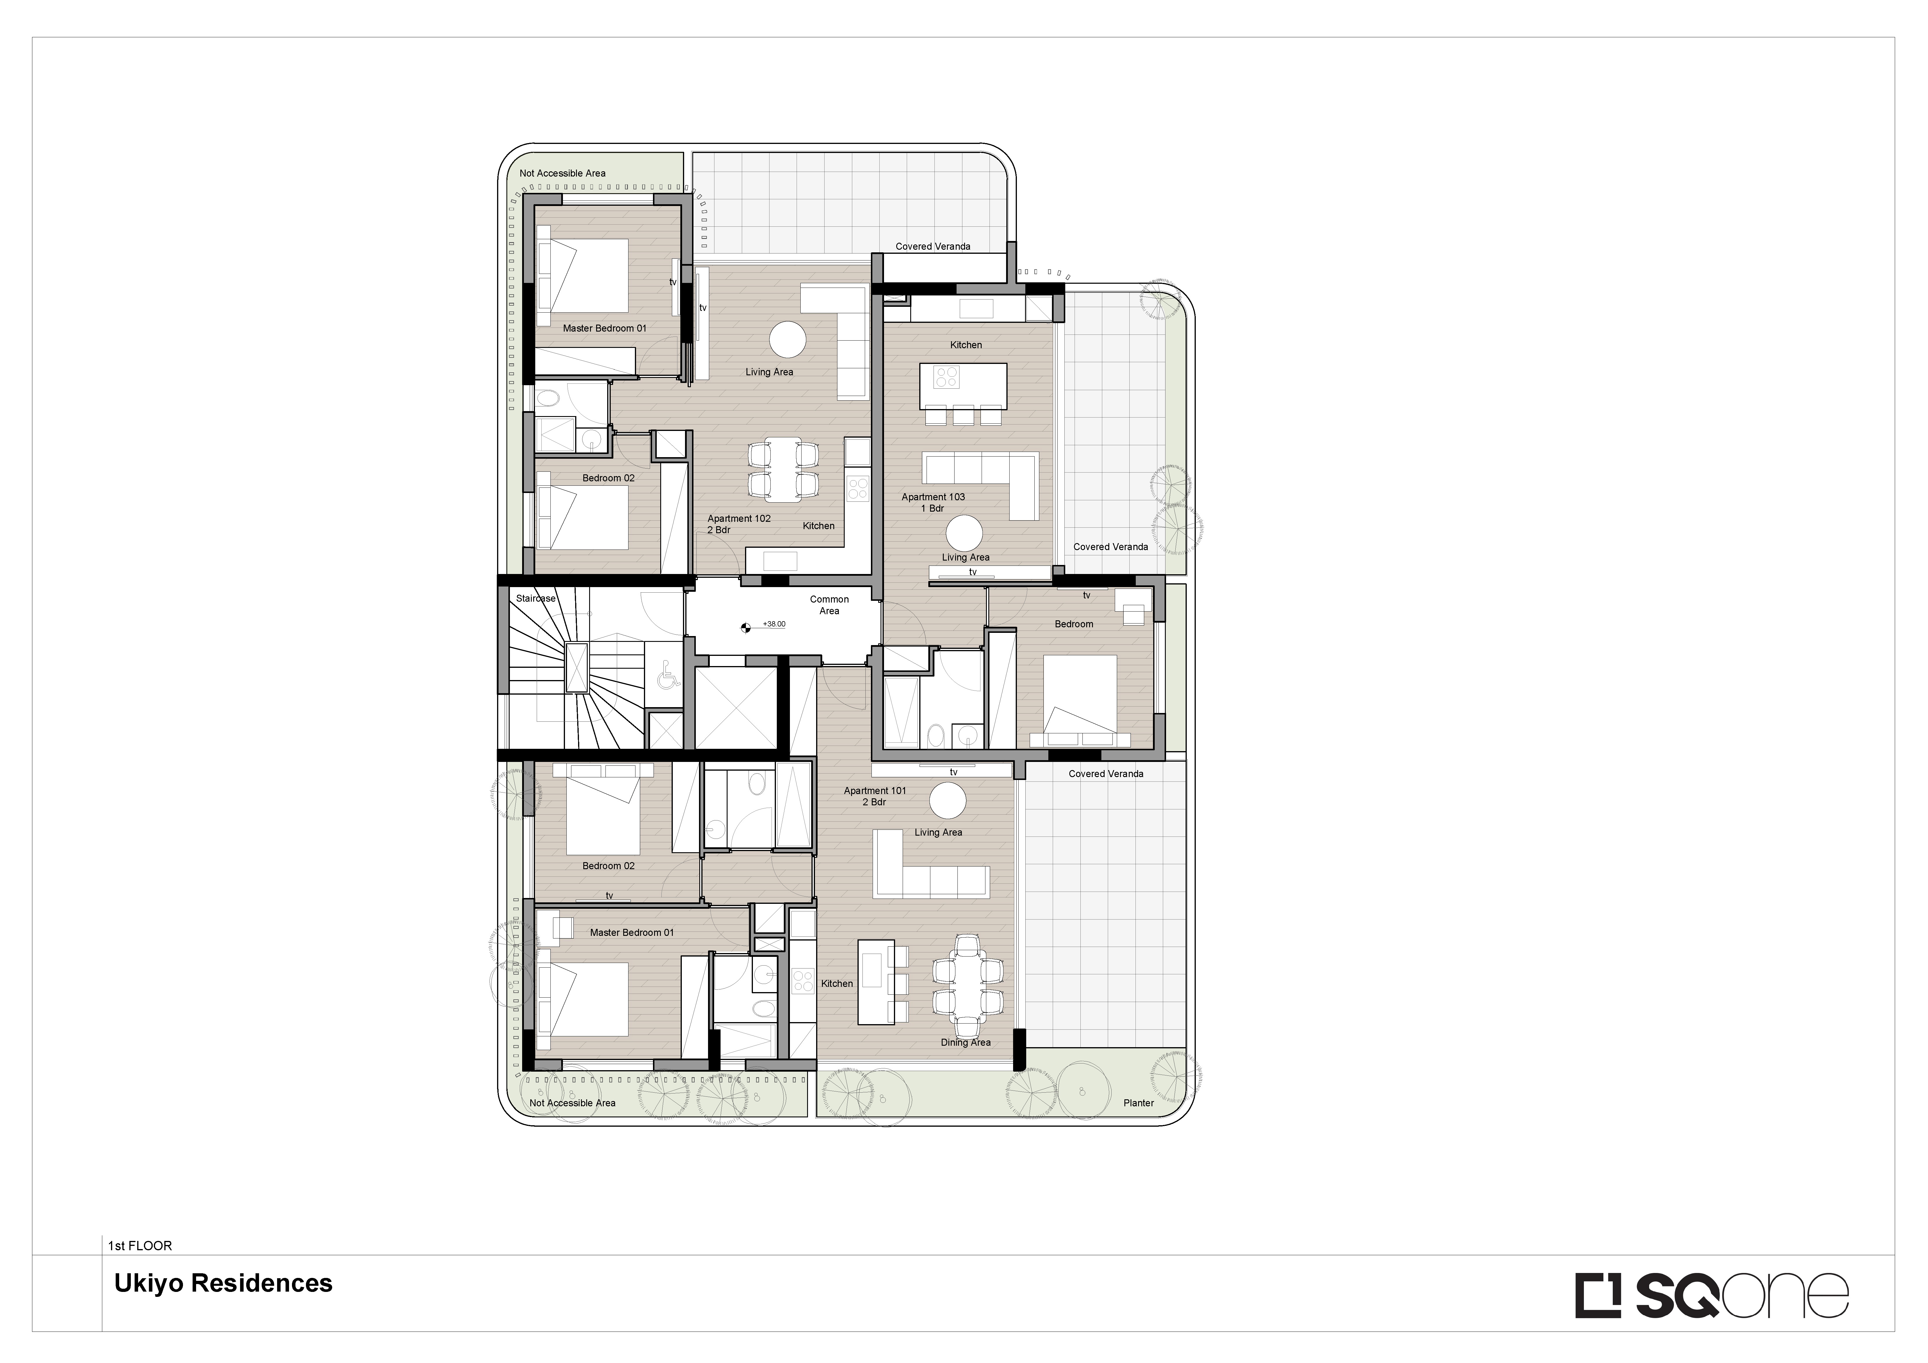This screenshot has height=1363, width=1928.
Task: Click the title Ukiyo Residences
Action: (223, 1284)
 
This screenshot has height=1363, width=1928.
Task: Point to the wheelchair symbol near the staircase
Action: (668, 675)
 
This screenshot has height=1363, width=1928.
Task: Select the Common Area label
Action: (830, 605)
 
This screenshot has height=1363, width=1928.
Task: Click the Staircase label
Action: (536, 599)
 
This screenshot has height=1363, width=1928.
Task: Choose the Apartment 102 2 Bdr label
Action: (739, 524)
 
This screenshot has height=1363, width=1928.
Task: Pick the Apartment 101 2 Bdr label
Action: (875, 796)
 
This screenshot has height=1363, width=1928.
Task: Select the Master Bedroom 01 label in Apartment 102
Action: (605, 328)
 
